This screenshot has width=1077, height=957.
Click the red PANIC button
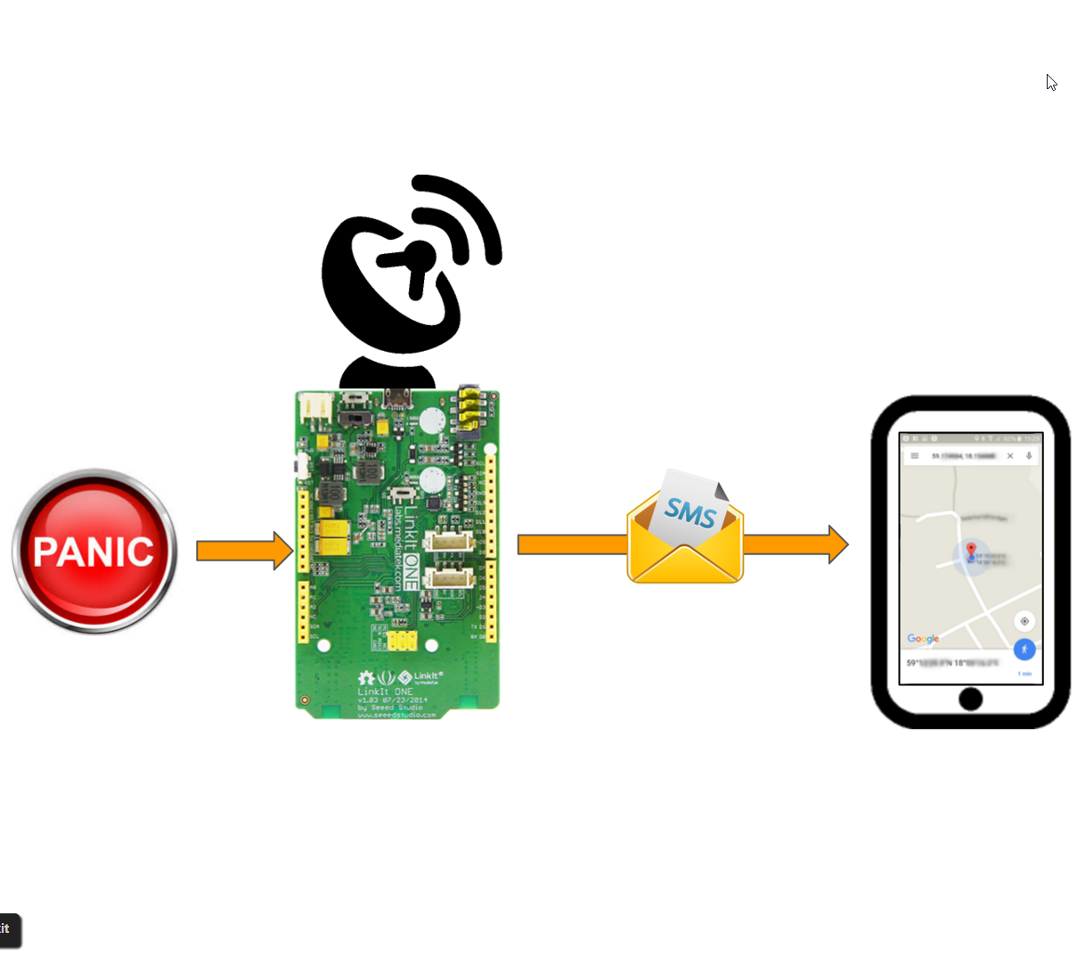[94, 551]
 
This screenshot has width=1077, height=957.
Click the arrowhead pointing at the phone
[837, 544]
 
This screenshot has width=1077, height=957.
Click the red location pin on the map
[971, 550]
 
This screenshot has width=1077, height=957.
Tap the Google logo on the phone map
[923, 639]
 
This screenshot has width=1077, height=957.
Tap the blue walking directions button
[1024, 650]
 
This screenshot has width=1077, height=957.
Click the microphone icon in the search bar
[1029, 456]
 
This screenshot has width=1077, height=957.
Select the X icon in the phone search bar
[1010, 456]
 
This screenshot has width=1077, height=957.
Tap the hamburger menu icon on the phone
[914, 456]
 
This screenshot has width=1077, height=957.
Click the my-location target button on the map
[1024, 621]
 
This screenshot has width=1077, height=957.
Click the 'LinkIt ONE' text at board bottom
[386, 691]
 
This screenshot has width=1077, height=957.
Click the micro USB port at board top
[396, 397]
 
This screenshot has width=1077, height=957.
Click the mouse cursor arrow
[1051, 82]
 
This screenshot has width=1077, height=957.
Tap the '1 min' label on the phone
[1024, 674]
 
